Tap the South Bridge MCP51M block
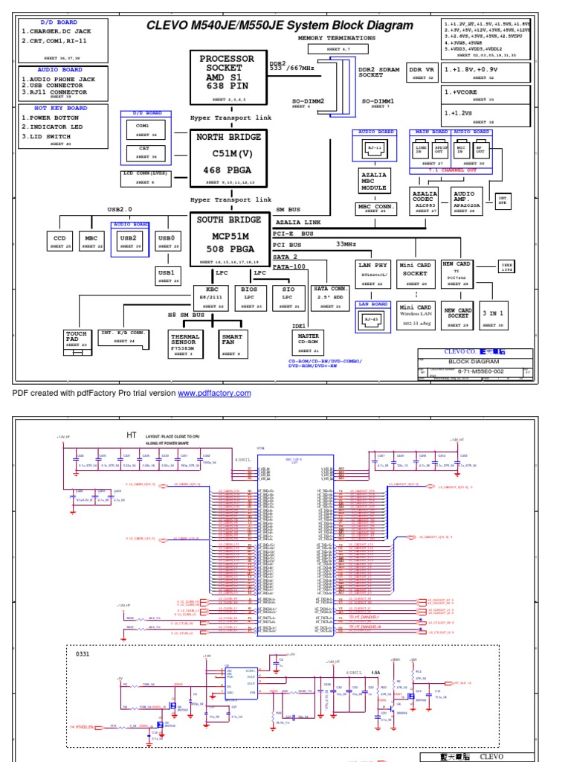(228, 239)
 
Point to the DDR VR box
(421, 72)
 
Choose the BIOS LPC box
(249, 297)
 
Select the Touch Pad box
(77, 339)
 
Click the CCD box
(60, 241)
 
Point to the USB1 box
(166, 275)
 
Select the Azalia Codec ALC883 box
(425, 201)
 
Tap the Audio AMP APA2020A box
(464, 201)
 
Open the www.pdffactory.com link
(215, 393)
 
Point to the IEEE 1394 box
(508, 266)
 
